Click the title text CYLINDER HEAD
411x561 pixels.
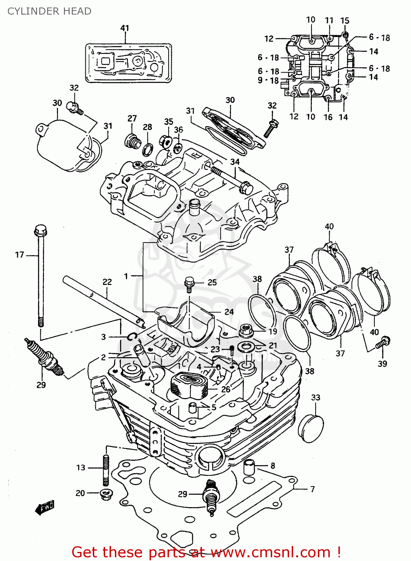point(49,11)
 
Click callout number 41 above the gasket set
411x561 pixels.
point(125,28)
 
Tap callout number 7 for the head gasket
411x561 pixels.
point(312,489)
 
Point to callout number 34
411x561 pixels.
point(235,162)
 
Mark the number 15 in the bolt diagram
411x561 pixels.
point(344,20)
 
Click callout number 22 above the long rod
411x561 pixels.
point(107,282)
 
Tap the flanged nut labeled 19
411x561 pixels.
point(246,331)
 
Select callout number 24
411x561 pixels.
point(229,312)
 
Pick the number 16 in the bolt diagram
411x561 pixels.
point(328,117)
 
